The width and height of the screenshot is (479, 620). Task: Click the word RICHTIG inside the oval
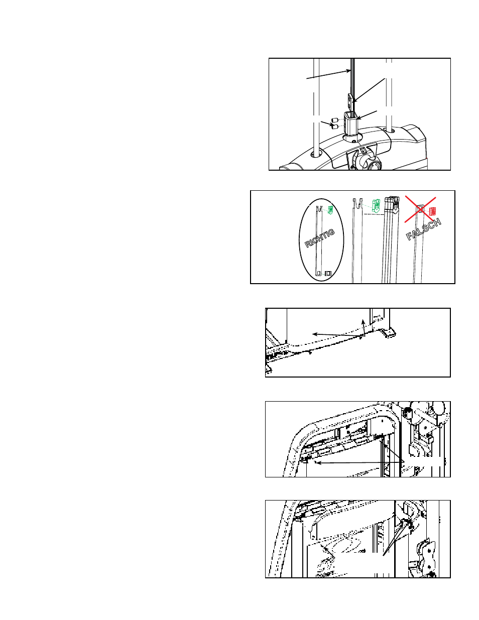click(x=319, y=238)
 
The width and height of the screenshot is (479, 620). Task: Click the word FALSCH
click(x=424, y=229)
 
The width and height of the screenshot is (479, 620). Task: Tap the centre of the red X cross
click(x=420, y=209)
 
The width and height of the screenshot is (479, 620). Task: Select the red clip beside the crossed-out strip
click(x=432, y=211)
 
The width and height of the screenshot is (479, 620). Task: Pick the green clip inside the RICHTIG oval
click(x=331, y=210)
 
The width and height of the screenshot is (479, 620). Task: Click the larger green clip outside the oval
click(x=376, y=206)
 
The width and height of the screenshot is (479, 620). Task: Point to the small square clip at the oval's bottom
click(x=328, y=274)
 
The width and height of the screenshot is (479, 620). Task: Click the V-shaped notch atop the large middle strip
click(x=358, y=203)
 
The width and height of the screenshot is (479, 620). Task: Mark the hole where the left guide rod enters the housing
click(x=316, y=154)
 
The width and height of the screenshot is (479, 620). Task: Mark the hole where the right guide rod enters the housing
click(x=390, y=131)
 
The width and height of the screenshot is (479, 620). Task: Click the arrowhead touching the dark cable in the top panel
click(x=348, y=71)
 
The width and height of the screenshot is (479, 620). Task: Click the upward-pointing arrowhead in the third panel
click(x=363, y=321)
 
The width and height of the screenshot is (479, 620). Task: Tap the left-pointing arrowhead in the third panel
click(x=315, y=334)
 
